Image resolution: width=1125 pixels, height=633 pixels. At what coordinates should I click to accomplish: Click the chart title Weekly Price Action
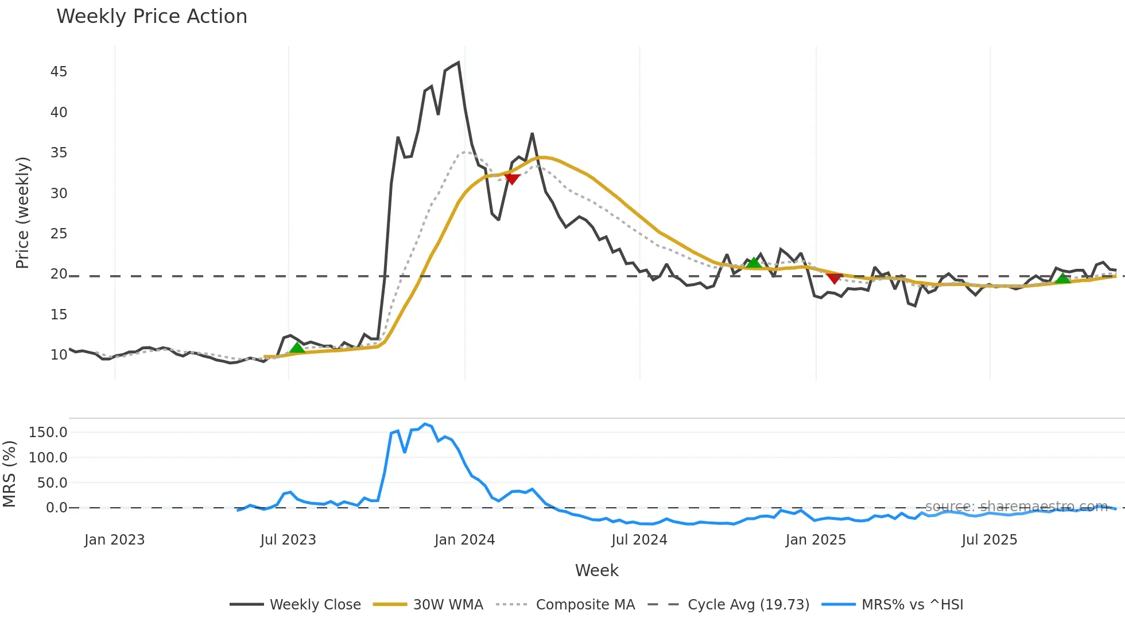[152, 17]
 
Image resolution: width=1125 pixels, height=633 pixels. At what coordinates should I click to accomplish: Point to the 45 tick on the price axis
[59, 72]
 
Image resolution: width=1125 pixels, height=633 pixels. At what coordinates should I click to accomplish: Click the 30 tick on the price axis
[59, 194]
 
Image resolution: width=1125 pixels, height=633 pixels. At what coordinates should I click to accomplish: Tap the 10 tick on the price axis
[59, 355]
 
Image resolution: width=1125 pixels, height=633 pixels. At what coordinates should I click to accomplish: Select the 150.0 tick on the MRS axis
[48, 433]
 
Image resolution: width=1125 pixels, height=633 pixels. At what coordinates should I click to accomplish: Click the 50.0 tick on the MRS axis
[52, 483]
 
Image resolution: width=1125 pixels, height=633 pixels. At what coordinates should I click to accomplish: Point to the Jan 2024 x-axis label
[464, 540]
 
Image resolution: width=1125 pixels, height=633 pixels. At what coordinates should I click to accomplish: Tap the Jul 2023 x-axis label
[288, 540]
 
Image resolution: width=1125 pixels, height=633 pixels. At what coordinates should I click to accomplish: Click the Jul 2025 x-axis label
[990, 540]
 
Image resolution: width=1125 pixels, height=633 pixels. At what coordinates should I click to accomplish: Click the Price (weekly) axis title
[22, 213]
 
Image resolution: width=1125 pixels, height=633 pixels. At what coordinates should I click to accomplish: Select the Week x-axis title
[596, 570]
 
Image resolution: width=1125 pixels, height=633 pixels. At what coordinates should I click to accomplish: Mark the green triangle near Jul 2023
[297, 348]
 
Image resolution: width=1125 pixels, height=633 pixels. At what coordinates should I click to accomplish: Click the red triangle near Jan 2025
[834, 279]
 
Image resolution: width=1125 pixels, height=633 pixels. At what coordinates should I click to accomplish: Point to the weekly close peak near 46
[458, 63]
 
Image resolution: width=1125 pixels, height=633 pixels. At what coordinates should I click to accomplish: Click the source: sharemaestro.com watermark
[1016, 507]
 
